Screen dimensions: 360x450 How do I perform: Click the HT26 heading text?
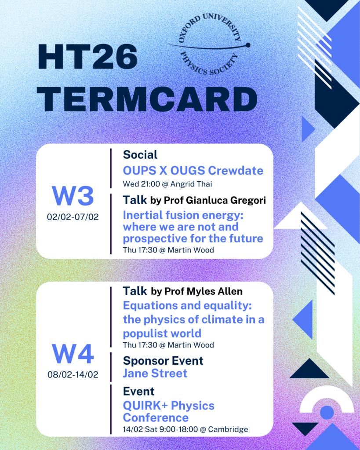click(x=87, y=57)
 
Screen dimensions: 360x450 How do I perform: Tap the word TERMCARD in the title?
click(x=147, y=99)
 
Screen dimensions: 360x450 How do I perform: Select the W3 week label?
click(x=73, y=196)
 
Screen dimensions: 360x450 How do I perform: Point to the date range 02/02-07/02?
click(x=73, y=217)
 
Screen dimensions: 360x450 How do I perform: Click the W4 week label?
click(x=73, y=354)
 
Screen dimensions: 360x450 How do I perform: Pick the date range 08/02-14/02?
click(x=73, y=374)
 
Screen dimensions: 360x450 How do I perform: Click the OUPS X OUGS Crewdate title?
click(x=193, y=171)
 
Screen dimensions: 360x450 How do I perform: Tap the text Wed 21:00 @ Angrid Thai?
click(x=167, y=184)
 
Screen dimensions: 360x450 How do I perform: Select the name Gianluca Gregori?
click(x=226, y=200)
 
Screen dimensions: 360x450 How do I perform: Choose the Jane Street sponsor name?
click(x=155, y=373)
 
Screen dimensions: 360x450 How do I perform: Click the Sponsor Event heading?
click(x=163, y=361)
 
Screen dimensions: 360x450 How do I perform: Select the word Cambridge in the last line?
click(x=228, y=429)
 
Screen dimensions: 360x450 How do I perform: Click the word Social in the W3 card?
click(x=140, y=155)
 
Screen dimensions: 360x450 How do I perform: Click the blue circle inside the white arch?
click(x=327, y=413)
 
